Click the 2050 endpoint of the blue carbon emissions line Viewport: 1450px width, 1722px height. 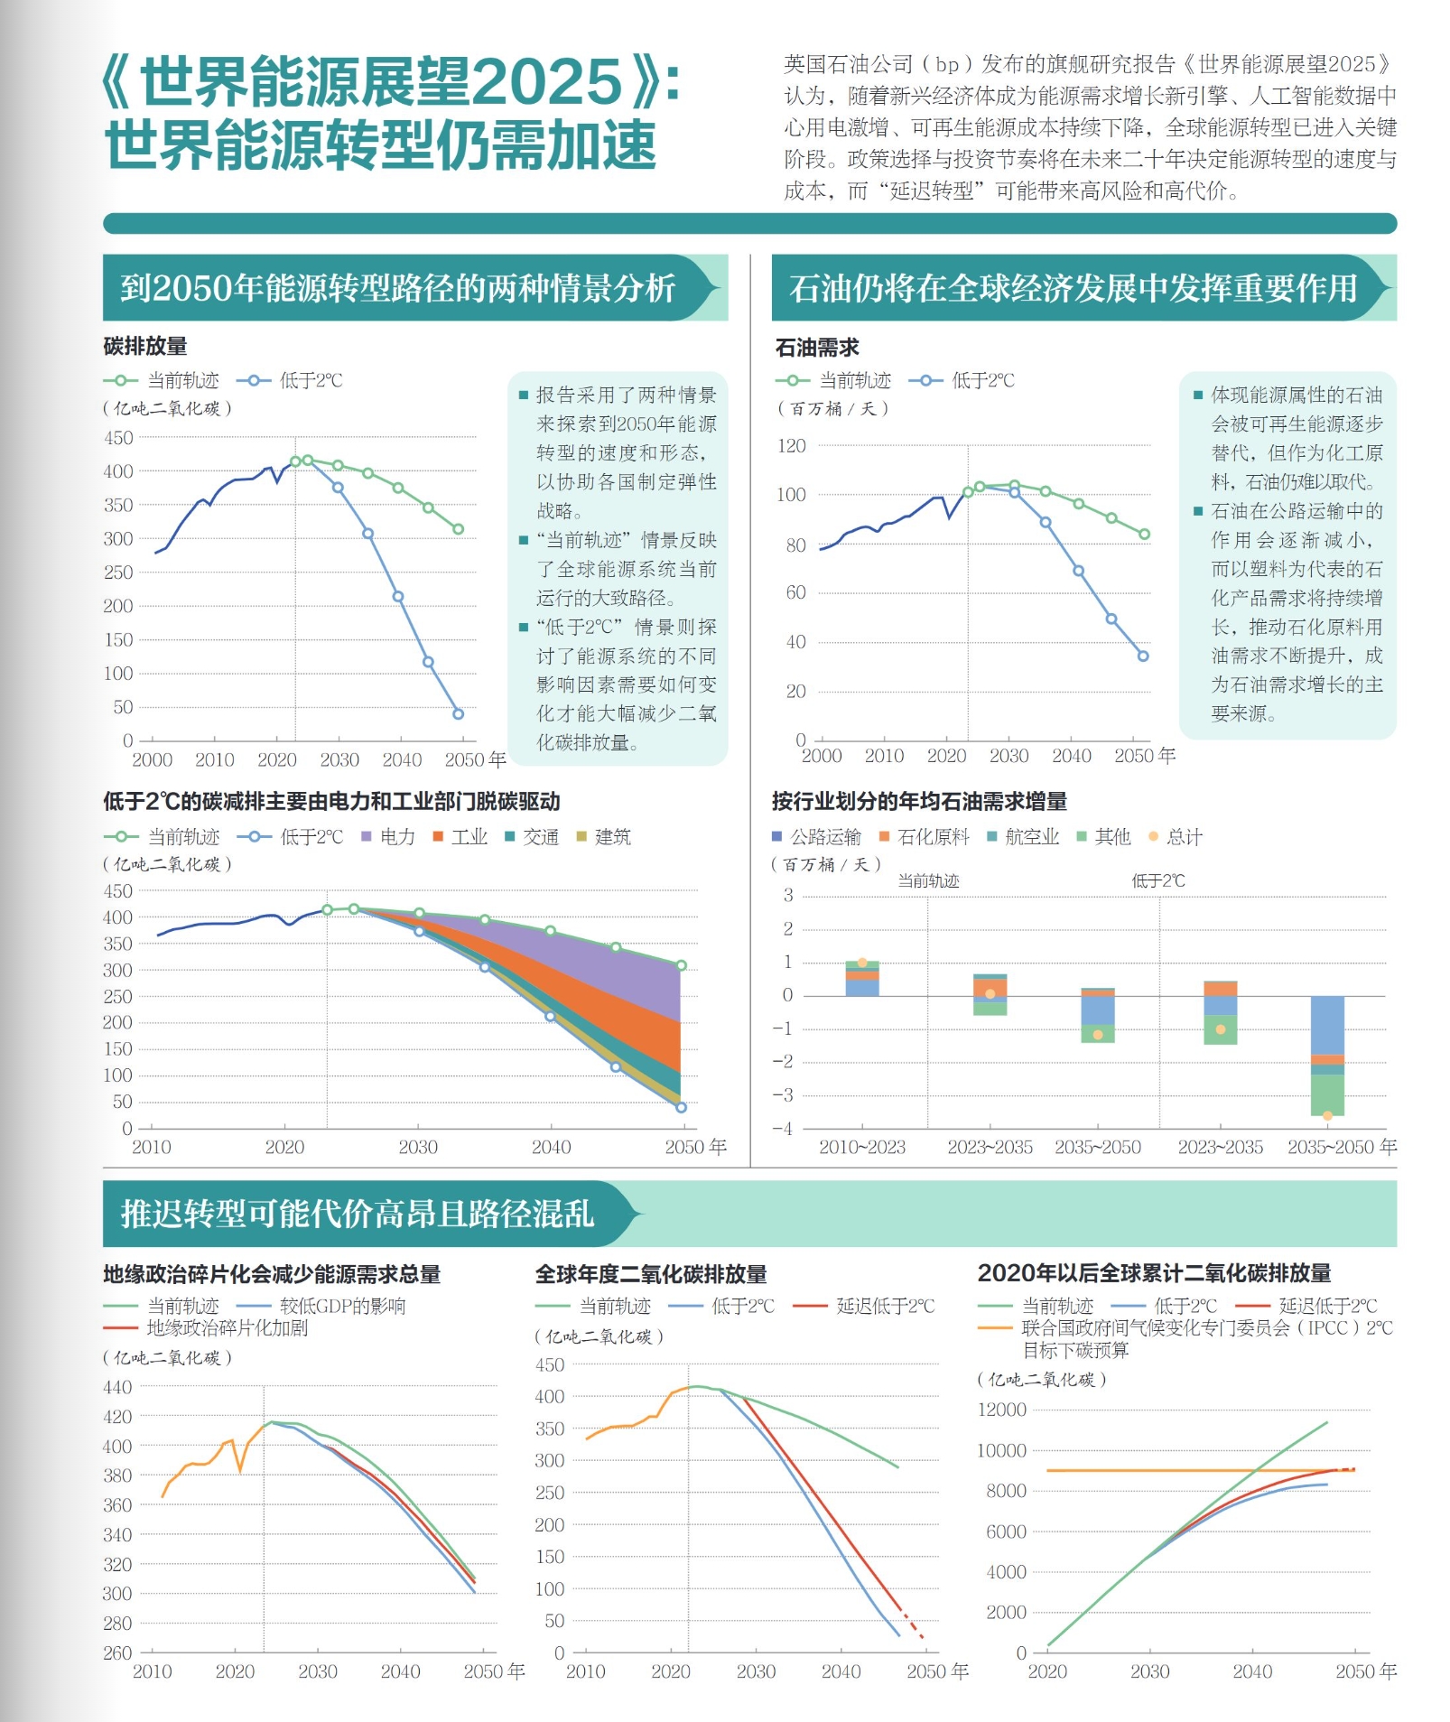[458, 713]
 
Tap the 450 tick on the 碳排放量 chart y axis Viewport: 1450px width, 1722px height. [118, 438]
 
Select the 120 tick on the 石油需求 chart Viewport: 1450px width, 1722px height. [791, 445]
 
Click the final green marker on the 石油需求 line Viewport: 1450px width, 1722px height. [1144, 534]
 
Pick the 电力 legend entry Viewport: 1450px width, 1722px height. [388, 836]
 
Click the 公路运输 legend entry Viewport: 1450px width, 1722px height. [817, 836]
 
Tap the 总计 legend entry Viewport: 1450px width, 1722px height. [1176, 836]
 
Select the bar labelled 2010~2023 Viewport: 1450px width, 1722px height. [861, 979]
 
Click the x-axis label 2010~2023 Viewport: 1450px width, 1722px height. [861, 1147]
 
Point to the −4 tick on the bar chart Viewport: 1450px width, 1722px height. [782, 1128]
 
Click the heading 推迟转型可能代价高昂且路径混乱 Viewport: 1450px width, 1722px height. [358, 1214]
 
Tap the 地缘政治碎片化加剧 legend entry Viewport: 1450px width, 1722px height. [217, 1327]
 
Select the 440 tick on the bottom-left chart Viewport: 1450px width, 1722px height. [117, 1387]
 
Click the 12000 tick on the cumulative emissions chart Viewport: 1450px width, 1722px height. [1002, 1410]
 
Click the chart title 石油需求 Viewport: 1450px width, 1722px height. [817, 348]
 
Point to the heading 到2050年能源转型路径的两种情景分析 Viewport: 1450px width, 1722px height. [398, 288]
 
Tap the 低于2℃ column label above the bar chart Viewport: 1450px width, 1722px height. [1158, 880]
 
